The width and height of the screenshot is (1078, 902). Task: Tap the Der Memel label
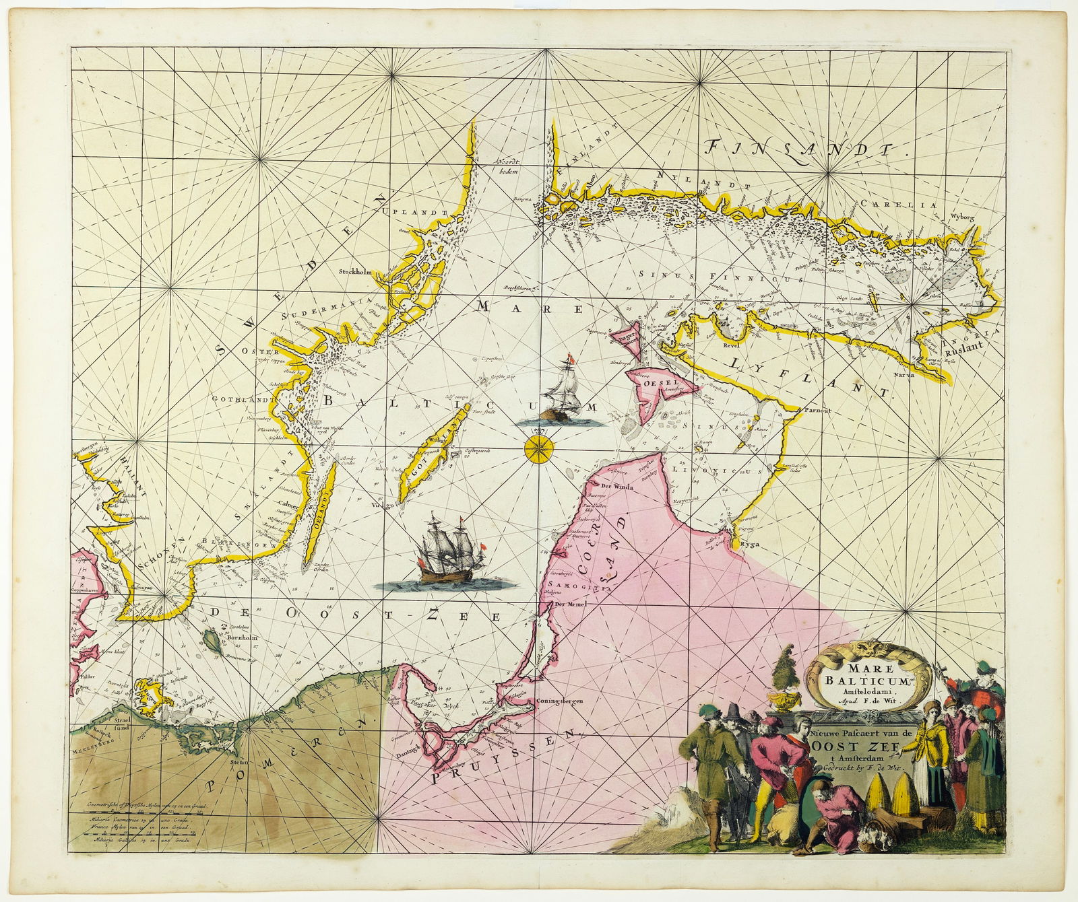click(x=569, y=604)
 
